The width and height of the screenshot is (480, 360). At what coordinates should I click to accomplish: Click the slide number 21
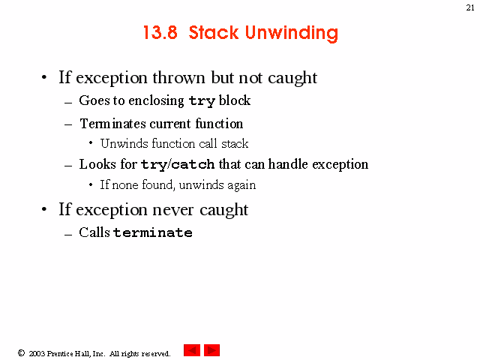pyautogui.click(x=470, y=7)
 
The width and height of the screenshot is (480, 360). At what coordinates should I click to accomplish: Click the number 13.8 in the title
pyautogui.click(x=160, y=32)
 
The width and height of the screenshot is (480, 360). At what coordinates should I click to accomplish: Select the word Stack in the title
pyautogui.click(x=213, y=32)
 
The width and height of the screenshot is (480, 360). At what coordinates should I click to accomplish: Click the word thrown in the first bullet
pyautogui.click(x=178, y=77)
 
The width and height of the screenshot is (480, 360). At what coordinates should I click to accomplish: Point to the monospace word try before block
pyautogui.click(x=202, y=101)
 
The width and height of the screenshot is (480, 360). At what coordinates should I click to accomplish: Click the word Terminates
pyautogui.click(x=112, y=124)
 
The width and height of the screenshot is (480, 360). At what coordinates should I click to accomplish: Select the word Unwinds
pyautogui.click(x=124, y=143)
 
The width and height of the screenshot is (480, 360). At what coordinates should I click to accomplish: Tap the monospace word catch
pyautogui.click(x=193, y=165)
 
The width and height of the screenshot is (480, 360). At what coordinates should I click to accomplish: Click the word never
pyautogui.click(x=173, y=210)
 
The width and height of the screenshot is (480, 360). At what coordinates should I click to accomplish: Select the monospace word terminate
pyautogui.click(x=153, y=232)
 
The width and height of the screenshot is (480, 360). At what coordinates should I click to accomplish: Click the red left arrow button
pyautogui.click(x=192, y=350)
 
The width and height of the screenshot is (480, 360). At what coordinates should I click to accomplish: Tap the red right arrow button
pyautogui.click(x=211, y=350)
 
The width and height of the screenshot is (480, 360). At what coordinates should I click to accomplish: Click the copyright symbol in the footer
pyautogui.click(x=21, y=353)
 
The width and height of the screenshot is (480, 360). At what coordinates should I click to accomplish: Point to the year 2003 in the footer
pyautogui.click(x=37, y=353)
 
